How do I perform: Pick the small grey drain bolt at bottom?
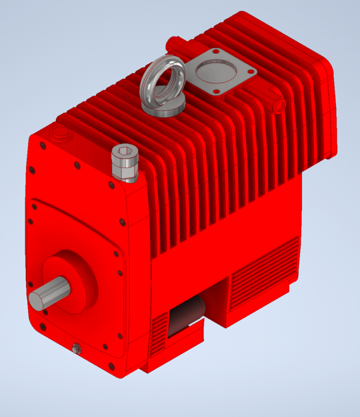point(77,349)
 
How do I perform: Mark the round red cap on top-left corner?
point(61,134)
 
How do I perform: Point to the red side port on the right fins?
point(280,104)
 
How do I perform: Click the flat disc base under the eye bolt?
point(163,108)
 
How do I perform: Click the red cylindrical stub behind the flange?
point(175,44)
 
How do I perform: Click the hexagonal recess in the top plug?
point(124,154)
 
